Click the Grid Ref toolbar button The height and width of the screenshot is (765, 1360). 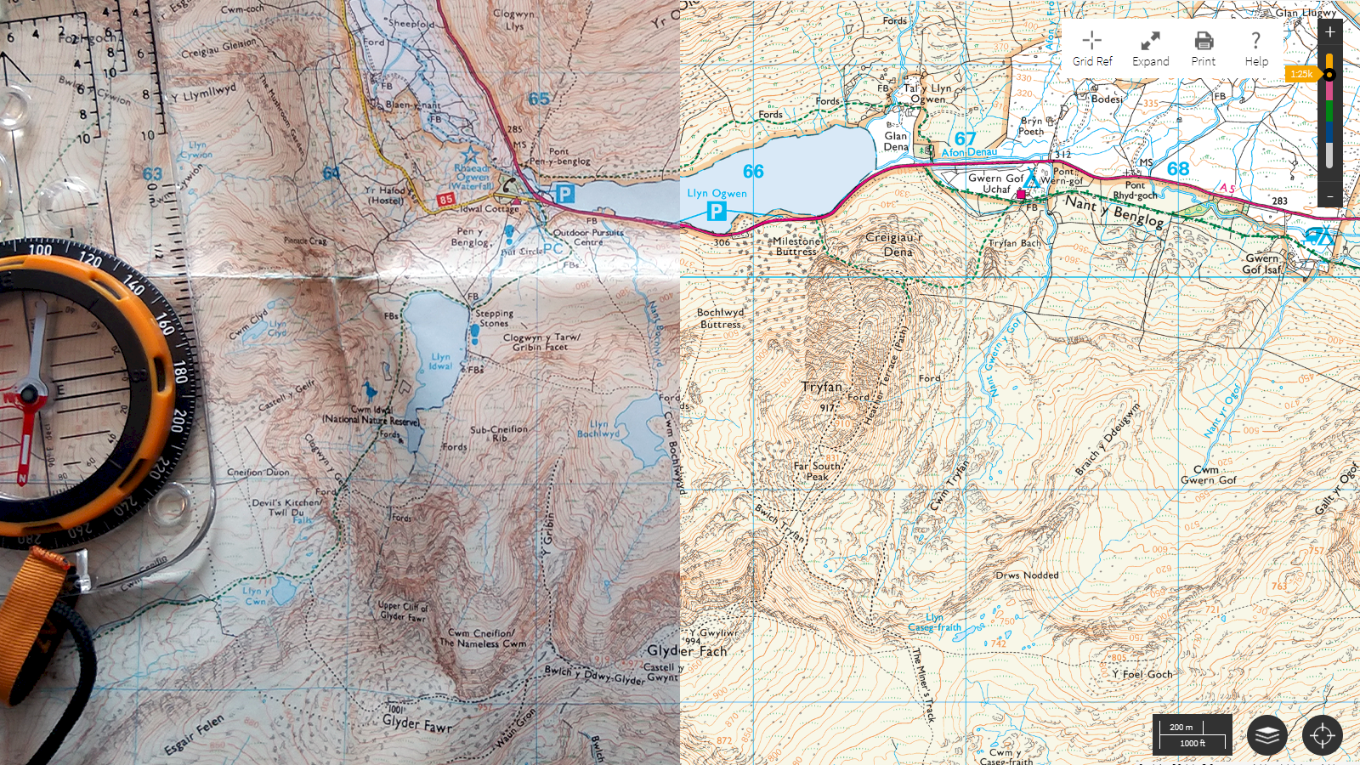(x=1092, y=48)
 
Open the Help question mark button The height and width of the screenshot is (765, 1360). (x=1255, y=48)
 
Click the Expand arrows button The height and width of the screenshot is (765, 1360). (x=1150, y=48)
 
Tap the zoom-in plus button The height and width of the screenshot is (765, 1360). (x=1330, y=31)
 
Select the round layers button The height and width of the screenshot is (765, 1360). (x=1266, y=735)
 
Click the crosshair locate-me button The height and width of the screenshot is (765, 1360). (x=1322, y=735)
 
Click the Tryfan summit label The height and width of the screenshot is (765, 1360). (x=821, y=387)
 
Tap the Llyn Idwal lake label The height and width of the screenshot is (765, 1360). (x=440, y=361)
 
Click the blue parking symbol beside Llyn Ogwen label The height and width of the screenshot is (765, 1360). (x=717, y=211)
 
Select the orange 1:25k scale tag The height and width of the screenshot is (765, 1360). (x=1301, y=74)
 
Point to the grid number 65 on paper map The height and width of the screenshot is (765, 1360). (x=539, y=99)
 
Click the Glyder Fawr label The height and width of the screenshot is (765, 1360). (x=416, y=723)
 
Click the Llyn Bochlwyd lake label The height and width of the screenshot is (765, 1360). (x=598, y=428)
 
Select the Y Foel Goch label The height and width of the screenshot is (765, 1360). (x=1142, y=674)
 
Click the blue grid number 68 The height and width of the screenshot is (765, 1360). (x=1177, y=168)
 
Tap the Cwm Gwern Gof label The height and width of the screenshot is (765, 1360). (x=1208, y=475)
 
